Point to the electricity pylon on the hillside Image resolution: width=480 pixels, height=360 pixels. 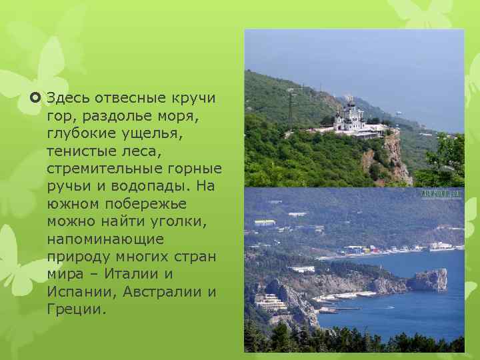(291, 109)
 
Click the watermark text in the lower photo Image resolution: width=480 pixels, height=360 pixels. (441, 193)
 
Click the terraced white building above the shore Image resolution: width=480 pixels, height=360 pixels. (271, 303)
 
